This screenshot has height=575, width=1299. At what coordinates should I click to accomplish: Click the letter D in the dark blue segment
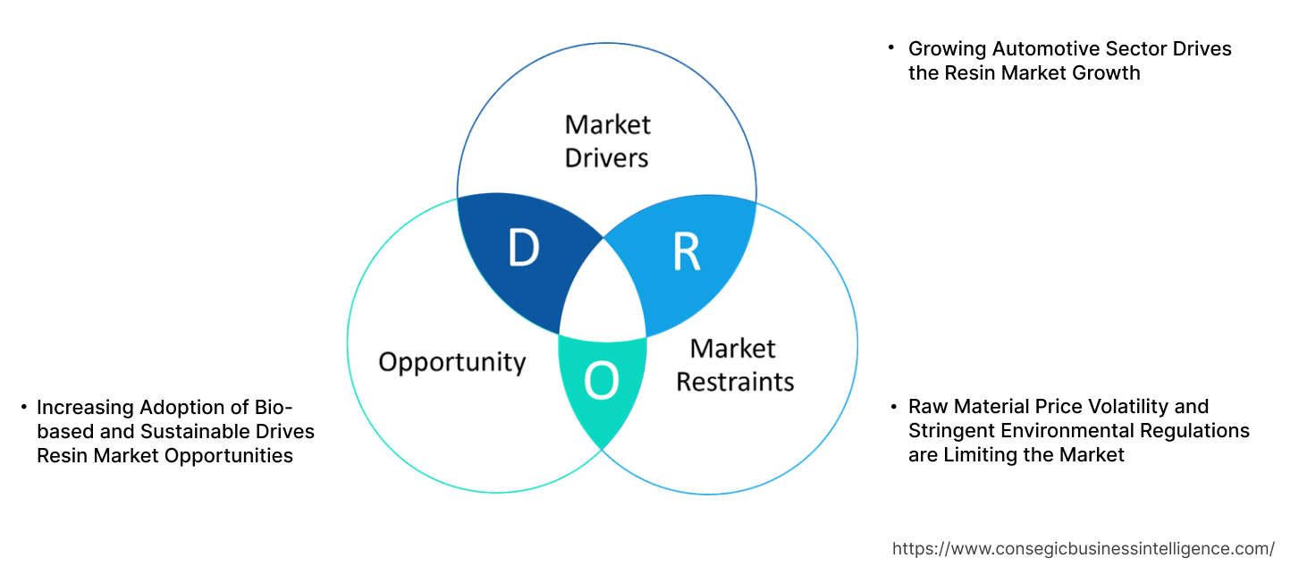click(524, 249)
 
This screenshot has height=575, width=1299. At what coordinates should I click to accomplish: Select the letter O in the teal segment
click(601, 383)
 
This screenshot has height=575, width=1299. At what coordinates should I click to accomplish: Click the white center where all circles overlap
click(603, 295)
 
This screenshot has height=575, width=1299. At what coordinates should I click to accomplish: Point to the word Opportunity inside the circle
click(451, 362)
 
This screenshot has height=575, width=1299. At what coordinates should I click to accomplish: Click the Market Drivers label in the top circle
click(608, 140)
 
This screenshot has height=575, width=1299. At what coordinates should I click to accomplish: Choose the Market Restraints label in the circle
click(734, 365)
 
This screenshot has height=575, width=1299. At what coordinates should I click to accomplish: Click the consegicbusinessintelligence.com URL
click(1084, 548)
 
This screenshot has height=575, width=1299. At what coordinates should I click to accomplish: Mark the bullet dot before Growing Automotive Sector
click(891, 47)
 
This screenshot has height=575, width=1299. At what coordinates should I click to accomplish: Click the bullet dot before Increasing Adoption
click(23, 408)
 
